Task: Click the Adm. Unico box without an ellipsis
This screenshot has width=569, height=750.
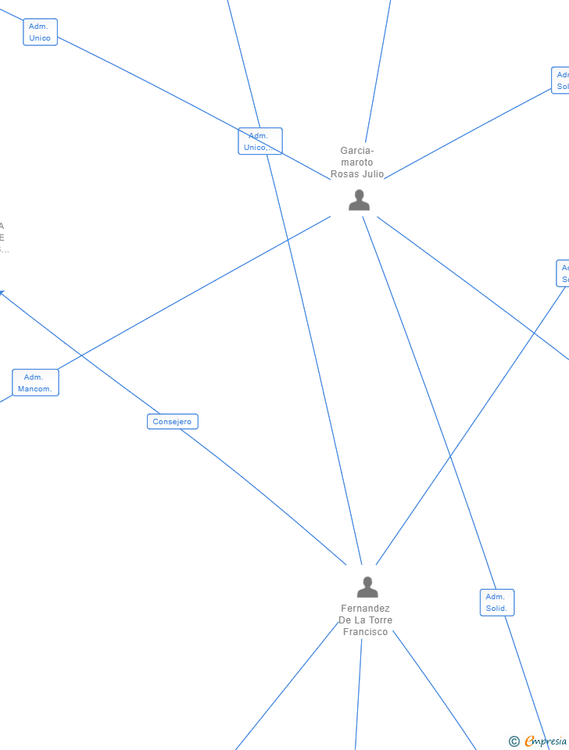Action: [x=40, y=32]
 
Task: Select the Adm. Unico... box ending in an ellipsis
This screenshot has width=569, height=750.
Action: [x=259, y=141]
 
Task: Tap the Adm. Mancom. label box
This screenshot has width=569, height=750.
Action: [x=35, y=383]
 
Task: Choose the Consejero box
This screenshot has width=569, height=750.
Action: [x=173, y=422]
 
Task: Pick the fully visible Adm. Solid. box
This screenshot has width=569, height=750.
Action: [x=496, y=602]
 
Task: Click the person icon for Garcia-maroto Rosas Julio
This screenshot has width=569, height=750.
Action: [x=359, y=200]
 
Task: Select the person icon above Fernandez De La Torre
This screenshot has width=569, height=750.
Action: [x=367, y=587]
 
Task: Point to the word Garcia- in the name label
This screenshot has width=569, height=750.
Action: [x=357, y=151]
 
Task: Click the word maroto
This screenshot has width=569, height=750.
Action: [x=357, y=162]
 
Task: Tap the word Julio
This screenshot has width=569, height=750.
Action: [x=372, y=174]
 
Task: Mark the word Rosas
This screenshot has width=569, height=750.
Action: [x=344, y=174]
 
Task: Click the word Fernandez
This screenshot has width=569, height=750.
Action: [x=365, y=609]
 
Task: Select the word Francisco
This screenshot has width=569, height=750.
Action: [x=365, y=632]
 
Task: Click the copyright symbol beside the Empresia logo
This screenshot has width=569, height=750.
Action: [x=514, y=741]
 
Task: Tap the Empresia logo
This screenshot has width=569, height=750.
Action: [x=546, y=741]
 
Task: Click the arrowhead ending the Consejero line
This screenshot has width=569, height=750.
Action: [x=2, y=292]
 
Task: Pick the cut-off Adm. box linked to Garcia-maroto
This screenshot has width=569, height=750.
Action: [x=561, y=80]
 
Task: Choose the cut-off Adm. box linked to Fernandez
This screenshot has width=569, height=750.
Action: [x=563, y=273]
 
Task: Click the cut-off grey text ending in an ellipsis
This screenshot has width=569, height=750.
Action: [x=3, y=250]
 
